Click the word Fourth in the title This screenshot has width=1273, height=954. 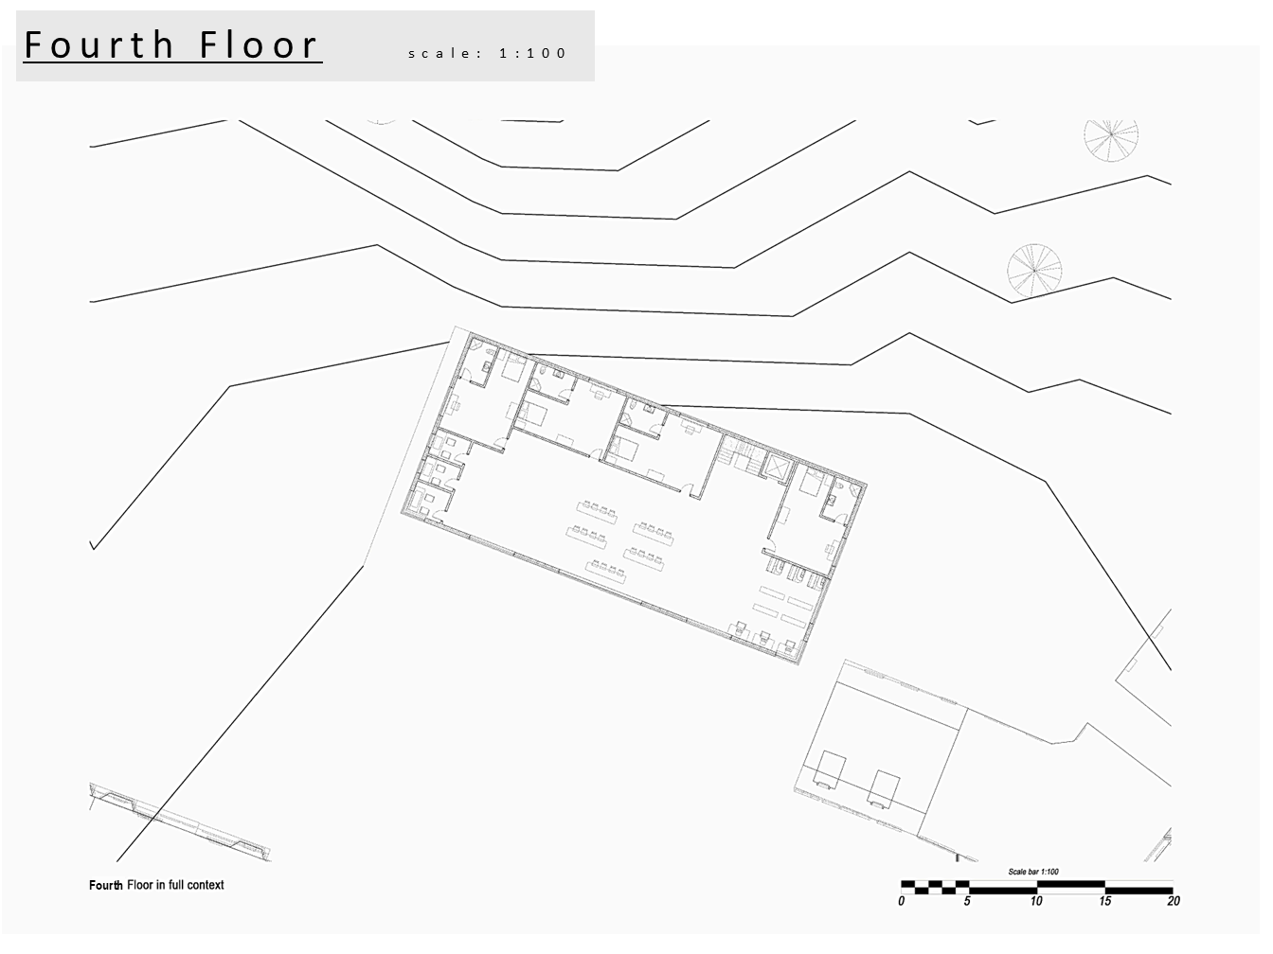point(99,45)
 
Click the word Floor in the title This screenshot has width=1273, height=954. point(260,45)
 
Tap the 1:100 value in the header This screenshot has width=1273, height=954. point(532,53)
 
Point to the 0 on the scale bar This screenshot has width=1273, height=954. point(902,901)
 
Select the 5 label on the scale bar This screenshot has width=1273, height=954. point(967,901)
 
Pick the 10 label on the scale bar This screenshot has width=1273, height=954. point(1036,901)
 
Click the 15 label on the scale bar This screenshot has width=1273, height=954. point(1104,901)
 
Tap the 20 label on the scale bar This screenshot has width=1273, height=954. point(1174,901)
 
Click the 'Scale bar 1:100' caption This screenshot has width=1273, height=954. point(1033,872)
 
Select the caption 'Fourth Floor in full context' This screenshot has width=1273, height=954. point(156,885)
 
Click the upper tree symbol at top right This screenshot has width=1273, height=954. point(1111,138)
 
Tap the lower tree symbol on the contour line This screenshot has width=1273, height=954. point(1034,271)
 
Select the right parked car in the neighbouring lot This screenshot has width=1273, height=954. point(885,789)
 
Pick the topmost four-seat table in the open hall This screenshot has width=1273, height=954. point(597,512)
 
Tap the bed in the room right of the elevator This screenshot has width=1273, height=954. point(810,481)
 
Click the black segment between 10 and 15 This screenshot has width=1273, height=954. point(1070,884)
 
